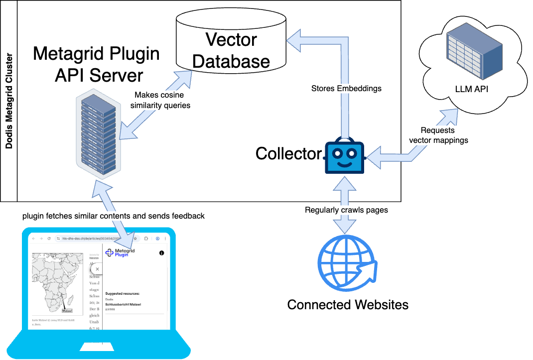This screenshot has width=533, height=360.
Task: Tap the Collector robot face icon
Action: coord(345,156)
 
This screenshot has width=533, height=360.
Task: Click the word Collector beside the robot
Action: coord(288,154)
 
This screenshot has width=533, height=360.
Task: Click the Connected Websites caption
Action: coord(348,304)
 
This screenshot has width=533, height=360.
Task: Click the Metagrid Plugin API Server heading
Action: coord(96,64)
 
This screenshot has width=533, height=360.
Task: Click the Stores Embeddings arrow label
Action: coord(346,88)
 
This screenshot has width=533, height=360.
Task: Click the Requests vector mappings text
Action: coord(438,135)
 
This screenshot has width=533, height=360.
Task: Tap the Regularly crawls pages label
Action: coord(346,210)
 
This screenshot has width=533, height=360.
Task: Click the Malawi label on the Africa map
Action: coord(67,311)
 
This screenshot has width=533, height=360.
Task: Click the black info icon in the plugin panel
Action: coord(161,253)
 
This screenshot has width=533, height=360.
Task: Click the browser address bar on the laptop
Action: coord(95,239)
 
